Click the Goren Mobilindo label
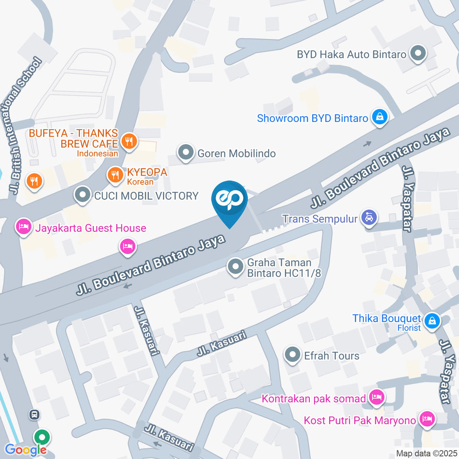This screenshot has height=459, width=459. coord(236,153)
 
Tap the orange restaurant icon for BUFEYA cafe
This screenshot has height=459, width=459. coord(129,141)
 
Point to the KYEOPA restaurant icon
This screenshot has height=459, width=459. coord(115,175)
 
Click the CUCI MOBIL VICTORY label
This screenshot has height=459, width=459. coord(146,196)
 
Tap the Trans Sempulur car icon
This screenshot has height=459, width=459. coord(369,218)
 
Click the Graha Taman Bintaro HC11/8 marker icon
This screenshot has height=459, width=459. coord(235,267)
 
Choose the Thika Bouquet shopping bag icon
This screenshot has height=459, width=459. coord(432,320)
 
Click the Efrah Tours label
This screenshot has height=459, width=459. coord(331,356)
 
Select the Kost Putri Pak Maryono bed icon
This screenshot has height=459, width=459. coord(426,420)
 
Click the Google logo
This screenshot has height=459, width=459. coord(26,450)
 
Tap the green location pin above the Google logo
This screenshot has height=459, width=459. coord(42,437)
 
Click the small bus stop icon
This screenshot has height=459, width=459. coord(34,414)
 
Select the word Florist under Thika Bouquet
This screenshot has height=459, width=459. coord(409,328)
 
